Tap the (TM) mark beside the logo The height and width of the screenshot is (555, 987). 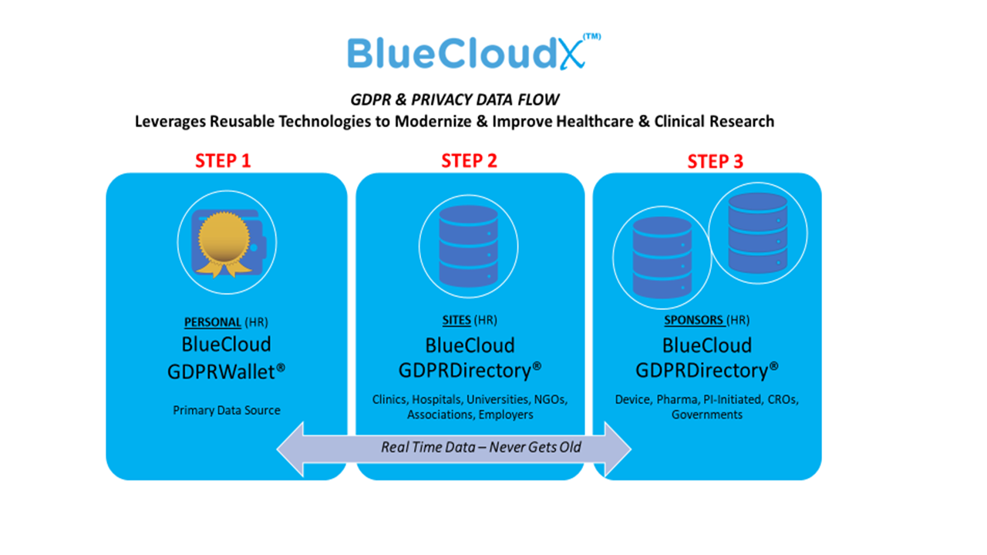[591, 36]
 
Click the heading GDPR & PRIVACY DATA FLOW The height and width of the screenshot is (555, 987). [455, 100]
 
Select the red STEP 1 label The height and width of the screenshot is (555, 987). [223, 161]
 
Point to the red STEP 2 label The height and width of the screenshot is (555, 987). [470, 161]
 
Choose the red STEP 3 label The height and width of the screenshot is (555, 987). [715, 162]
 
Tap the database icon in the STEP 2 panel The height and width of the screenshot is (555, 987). [468, 246]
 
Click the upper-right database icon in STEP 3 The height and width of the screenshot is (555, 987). [758, 233]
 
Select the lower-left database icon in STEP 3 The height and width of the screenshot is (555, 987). [662, 257]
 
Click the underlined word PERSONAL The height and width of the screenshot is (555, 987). [212, 322]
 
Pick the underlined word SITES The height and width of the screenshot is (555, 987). [456, 320]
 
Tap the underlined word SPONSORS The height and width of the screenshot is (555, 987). [693, 320]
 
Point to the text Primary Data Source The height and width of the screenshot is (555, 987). [227, 411]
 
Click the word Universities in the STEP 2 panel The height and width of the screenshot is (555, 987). [497, 399]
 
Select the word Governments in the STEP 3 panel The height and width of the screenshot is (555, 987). [707, 415]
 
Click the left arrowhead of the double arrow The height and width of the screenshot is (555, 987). [290, 449]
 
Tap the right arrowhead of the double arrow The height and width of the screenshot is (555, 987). [618, 449]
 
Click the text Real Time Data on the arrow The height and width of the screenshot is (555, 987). [428, 448]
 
